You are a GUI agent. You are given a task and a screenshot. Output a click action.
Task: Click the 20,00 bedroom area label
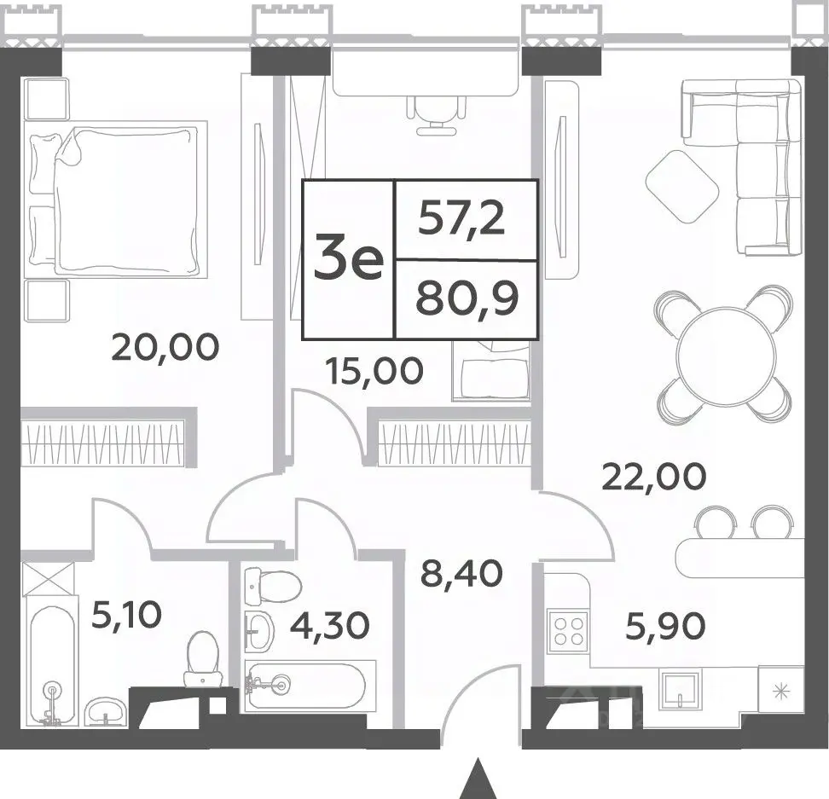165,347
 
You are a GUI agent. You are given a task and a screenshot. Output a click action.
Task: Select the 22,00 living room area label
654,476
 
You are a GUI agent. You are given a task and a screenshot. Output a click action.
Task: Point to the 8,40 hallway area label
461,573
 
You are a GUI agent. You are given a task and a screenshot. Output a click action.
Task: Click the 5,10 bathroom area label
126,615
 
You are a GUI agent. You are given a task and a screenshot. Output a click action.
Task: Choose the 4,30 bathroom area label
330,625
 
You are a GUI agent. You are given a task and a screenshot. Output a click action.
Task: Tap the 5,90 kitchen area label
665,626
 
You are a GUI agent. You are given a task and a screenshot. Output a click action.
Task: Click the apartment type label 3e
348,258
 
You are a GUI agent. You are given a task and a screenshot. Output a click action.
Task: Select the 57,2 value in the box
461,218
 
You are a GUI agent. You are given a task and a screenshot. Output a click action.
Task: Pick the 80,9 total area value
467,298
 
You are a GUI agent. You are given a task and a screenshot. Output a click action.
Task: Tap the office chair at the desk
437,114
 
